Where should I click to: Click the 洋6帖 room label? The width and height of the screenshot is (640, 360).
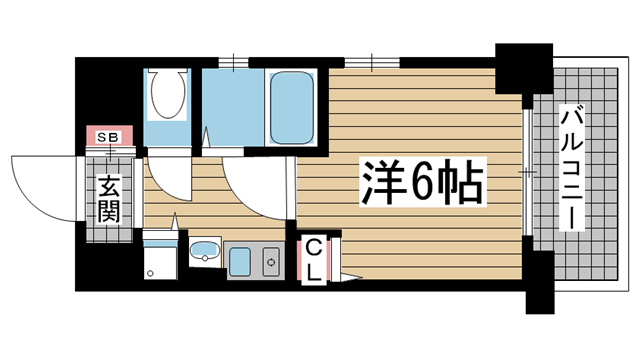[x=423, y=182]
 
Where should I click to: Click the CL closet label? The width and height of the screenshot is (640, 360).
[x=313, y=257]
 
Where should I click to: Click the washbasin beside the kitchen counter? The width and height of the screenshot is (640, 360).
[x=205, y=251]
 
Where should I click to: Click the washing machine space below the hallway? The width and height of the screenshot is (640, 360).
[x=160, y=258]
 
